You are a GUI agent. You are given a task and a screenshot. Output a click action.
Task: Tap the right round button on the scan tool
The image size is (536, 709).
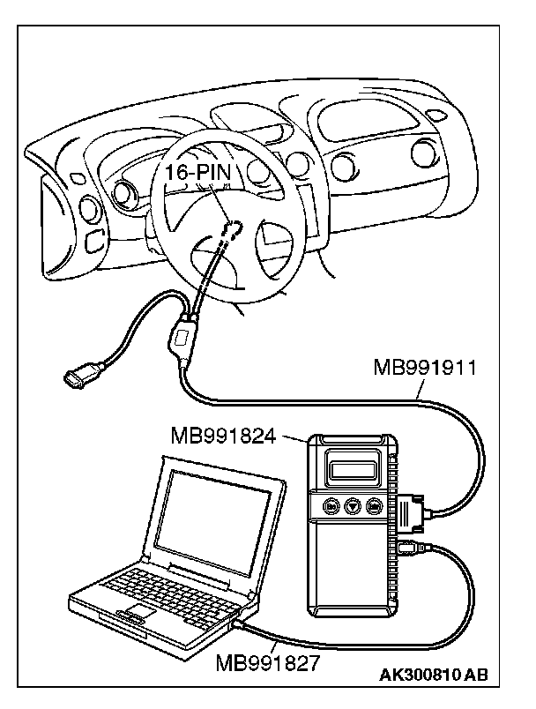pos(375,507)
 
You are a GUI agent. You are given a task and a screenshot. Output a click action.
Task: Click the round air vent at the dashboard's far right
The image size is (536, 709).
pos(424,155)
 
